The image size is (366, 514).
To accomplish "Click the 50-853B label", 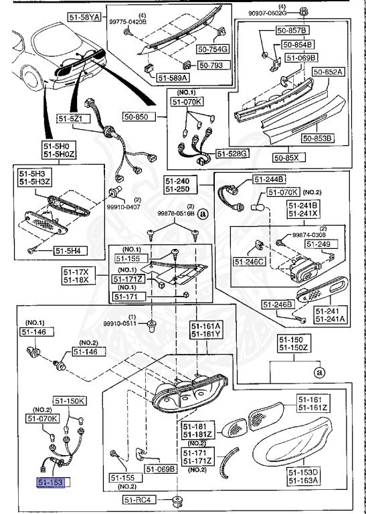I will point(317,139).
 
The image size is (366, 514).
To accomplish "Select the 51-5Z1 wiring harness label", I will point(86,118).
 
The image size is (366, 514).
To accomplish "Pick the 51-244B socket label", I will point(269,179).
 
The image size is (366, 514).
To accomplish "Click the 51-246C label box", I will point(250,260).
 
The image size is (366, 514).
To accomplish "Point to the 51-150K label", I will point(70,401).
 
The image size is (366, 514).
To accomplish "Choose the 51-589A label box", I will point(173,78).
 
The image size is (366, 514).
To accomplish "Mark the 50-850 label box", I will point(141,116).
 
